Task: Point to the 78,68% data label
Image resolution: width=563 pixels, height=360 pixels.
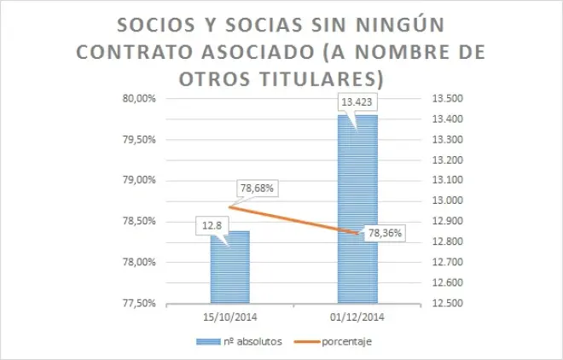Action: [x=261, y=188]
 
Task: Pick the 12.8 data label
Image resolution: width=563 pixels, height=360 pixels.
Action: [x=213, y=226]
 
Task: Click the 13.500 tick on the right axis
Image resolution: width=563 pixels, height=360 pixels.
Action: [x=451, y=98]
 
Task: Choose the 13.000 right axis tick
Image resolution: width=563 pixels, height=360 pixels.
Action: [x=451, y=200]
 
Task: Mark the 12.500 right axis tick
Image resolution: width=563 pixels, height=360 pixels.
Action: [x=451, y=303]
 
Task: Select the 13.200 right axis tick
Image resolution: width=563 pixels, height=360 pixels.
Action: [x=451, y=160]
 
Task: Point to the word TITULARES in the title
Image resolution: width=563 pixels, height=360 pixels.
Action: [x=315, y=77]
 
